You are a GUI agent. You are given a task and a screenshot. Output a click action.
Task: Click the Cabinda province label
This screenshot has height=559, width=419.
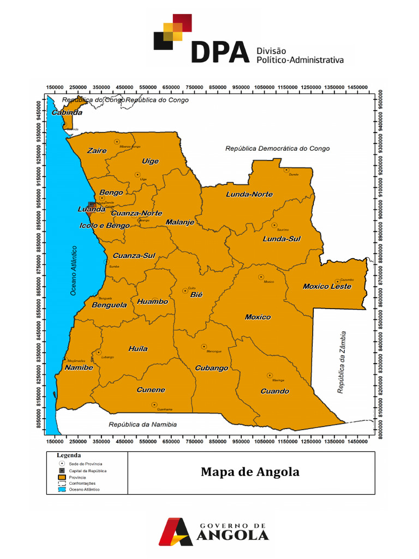coord(67,113)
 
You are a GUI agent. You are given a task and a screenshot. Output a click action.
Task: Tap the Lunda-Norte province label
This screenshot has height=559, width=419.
coord(249,194)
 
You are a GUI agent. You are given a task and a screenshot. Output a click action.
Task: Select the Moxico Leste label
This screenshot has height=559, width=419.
coord(327,287)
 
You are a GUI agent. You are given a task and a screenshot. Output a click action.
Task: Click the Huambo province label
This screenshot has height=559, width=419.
coord(153,301)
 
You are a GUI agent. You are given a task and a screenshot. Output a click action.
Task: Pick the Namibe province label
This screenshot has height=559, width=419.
coord(79,367)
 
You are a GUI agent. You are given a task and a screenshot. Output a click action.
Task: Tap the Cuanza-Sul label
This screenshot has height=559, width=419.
coord(134,255)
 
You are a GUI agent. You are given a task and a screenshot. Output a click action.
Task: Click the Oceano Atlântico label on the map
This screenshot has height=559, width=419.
coord(74,271)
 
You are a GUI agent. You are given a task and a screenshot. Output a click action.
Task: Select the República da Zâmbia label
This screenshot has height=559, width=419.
coord(342,361)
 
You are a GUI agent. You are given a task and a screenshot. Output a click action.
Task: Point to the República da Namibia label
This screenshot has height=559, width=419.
coord(142,424)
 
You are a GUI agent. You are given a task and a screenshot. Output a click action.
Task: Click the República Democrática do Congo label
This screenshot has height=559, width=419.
coord(278,148)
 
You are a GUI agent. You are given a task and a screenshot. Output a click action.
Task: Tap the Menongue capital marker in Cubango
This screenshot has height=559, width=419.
coord(203,346)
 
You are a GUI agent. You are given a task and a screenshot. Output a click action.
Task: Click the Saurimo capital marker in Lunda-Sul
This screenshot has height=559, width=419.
coord(274,225)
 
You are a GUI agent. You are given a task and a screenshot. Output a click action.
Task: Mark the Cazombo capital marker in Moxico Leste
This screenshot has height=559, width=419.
coord(338,281)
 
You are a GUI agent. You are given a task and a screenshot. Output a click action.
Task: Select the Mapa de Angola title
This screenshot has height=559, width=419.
coord(250,472)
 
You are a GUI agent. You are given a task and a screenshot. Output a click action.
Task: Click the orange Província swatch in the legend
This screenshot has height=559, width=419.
coord(62,477)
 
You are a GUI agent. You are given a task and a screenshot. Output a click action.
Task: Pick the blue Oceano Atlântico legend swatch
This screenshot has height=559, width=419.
coord(62,489)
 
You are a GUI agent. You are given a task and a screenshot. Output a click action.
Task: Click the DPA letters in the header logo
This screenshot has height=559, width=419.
coord(220,52)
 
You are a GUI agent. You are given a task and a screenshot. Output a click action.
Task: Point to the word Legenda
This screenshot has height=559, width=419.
coord(69,455)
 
